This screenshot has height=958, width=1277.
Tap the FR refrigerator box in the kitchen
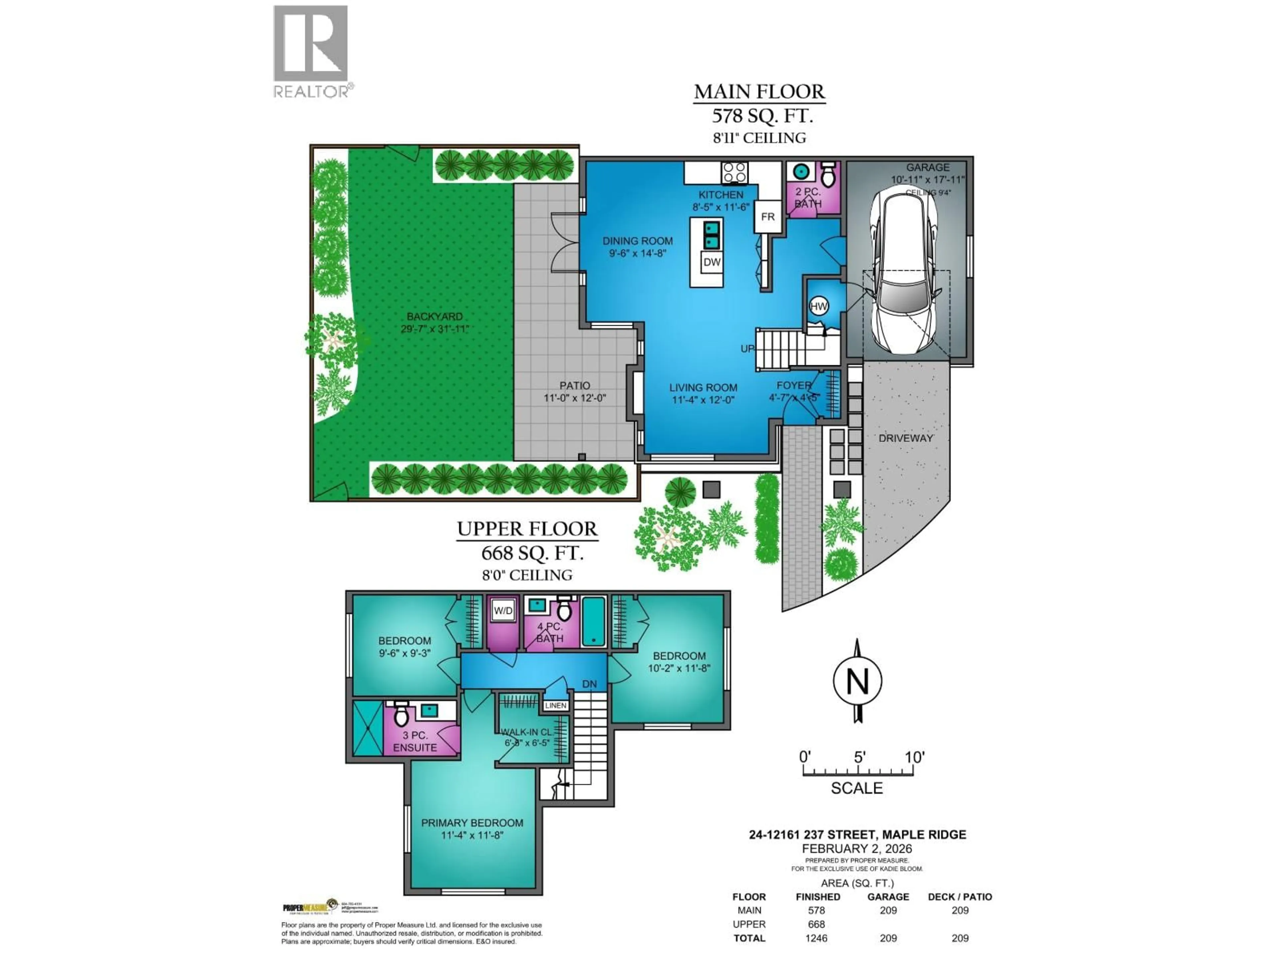coord(767,217)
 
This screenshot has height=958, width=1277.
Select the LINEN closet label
coord(555,706)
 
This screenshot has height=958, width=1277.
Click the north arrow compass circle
coord(857,681)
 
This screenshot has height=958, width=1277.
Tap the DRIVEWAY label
coord(905,438)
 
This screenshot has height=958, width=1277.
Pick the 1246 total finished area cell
coord(816,938)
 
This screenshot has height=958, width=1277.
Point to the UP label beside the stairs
coord(747,349)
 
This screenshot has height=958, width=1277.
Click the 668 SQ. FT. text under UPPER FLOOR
coord(532,553)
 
